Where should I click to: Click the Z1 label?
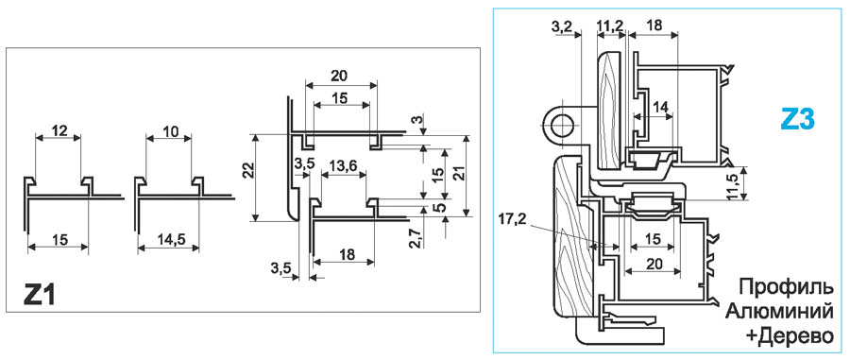point(39,295)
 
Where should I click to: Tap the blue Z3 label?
point(797,118)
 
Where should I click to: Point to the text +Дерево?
point(790,336)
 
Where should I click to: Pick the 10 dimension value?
point(169,130)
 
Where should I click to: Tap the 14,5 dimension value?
point(168,239)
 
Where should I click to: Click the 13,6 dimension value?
point(344,167)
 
